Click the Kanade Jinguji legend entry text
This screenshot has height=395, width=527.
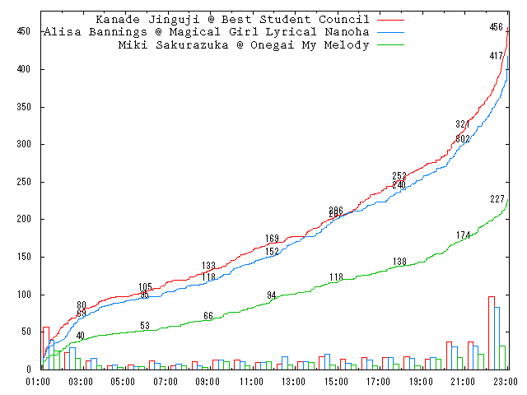[232, 19]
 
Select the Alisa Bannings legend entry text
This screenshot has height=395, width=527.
[205, 32]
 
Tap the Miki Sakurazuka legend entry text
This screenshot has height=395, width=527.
[244, 45]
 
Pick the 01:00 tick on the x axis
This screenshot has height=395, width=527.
[38, 382]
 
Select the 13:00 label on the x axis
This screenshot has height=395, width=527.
[293, 382]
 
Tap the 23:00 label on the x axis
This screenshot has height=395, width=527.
[506, 382]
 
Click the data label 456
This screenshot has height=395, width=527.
[496, 27]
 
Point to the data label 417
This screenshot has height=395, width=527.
[496, 56]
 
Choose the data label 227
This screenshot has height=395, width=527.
[497, 199]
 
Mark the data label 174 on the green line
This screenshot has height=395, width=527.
[463, 235]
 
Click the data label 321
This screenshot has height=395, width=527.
[463, 124]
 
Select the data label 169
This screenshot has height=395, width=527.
[272, 239]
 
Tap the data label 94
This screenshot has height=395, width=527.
[272, 295]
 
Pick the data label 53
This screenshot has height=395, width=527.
[145, 326]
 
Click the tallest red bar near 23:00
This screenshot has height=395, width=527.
[492, 332]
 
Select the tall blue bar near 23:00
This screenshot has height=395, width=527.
[497, 338]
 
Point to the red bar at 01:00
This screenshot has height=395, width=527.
[46, 348]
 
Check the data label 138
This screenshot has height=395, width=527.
[399, 262]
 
